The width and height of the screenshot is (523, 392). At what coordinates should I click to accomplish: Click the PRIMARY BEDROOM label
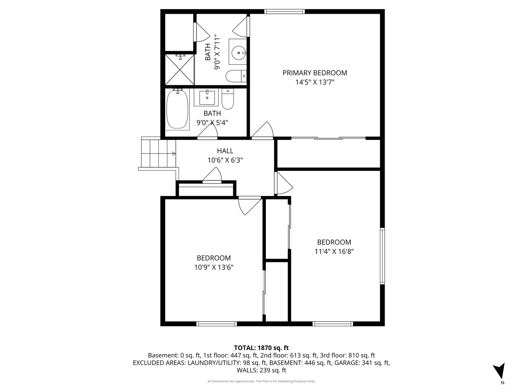click(315, 73)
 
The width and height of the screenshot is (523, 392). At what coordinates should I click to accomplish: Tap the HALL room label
click(225, 151)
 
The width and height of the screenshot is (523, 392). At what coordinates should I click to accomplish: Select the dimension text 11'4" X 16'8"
click(334, 251)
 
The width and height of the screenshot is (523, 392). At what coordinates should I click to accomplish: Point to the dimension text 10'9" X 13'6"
click(214, 268)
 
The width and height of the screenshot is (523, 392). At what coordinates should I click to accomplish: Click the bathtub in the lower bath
click(177, 109)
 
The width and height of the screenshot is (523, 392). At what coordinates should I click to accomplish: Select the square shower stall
click(180, 70)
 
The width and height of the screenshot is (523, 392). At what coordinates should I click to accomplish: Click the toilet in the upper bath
click(236, 76)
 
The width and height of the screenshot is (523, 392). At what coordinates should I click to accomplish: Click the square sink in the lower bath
click(207, 97)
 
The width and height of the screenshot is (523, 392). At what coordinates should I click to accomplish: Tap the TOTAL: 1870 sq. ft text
click(261, 348)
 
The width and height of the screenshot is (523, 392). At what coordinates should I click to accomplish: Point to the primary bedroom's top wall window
click(284, 12)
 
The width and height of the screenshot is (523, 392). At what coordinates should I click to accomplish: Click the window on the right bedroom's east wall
click(382, 256)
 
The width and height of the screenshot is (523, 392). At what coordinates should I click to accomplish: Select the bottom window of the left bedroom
click(217, 323)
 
